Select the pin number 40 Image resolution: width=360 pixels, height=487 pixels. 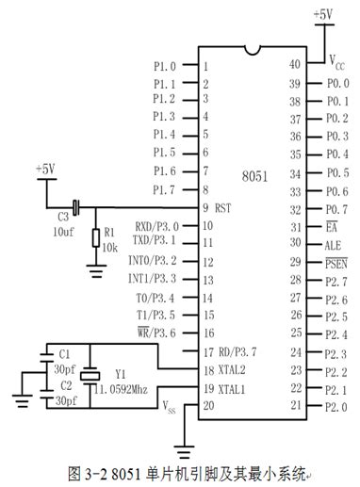pos(294,65)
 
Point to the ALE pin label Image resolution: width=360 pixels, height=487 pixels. pos(333,243)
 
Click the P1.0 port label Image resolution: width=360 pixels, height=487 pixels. pos(164,66)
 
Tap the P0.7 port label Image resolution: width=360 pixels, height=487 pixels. pos(336,207)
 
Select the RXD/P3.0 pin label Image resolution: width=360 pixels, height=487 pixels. pos(155,226)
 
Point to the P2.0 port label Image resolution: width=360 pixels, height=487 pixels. pos(336,406)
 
